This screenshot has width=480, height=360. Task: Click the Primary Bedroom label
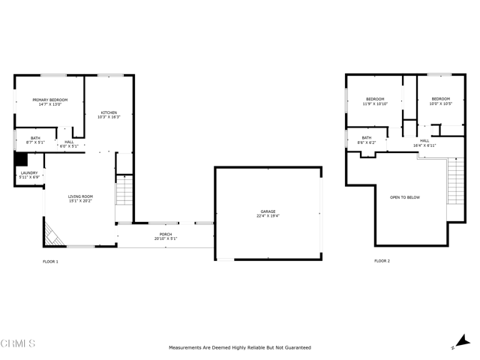tap(49, 102)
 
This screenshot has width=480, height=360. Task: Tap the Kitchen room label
tap(109, 115)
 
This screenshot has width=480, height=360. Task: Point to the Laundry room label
tap(28, 175)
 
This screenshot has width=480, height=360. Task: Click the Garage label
tap(268, 214)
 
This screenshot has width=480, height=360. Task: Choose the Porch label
tap(165, 236)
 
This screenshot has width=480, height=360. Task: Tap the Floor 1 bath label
tap(35, 139)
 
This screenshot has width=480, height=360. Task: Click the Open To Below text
tap(404, 197)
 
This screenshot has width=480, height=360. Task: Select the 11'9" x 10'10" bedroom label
tap(375, 102)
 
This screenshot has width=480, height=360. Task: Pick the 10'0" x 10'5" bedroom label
tap(440, 102)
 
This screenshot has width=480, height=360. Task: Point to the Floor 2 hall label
tap(424, 142)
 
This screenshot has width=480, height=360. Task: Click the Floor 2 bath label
tap(367, 139)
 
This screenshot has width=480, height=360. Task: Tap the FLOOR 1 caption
tap(50, 261)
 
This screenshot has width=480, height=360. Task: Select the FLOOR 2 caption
tap(382, 261)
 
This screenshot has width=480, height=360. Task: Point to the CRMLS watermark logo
tap(18, 344)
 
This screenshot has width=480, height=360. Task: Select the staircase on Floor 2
tap(455, 183)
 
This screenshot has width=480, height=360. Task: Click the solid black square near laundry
tap(21, 160)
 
